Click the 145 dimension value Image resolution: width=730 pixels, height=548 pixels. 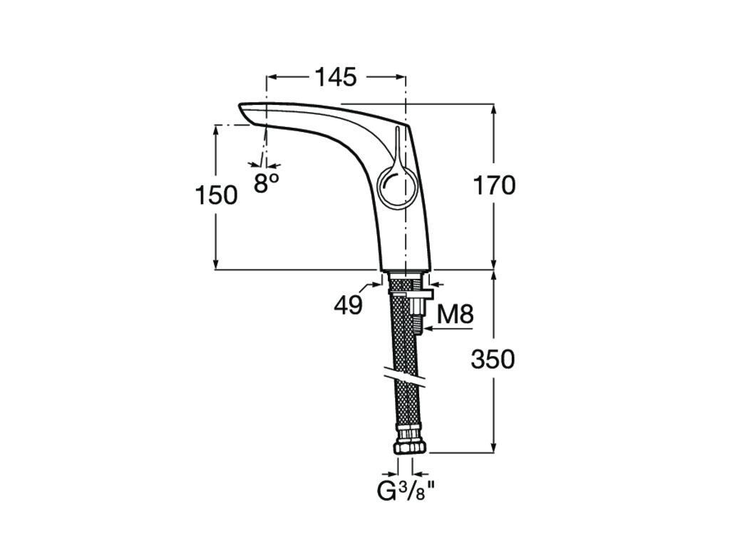pyautogui.click(x=336, y=77)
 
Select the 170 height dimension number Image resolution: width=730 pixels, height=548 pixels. pyautogui.click(x=494, y=185)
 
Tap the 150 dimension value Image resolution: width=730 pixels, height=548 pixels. pyautogui.click(x=216, y=195)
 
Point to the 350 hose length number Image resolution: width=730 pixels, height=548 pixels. pyautogui.click(x=493, y=359)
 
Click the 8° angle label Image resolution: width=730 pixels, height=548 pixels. pyautogui.click(x=266, y=183)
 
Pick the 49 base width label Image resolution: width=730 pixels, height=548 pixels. pyautogui.click(x=348, y=305)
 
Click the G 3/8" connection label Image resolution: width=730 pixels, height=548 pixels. pyautogui.click(x=406, y=491)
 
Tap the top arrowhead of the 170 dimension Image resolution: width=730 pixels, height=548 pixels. pyautogui.click(x=494, y=108)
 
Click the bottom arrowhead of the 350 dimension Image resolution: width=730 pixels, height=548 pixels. pyautogui.click(x=494, y=446)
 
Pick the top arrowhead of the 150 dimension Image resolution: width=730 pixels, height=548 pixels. pyautogui.click(x=215, y=131)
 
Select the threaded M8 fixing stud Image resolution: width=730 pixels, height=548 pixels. pyautogui.click(x=417, y=315)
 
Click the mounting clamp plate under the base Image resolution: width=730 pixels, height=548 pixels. pyautogui.click(x=410, y=293)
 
